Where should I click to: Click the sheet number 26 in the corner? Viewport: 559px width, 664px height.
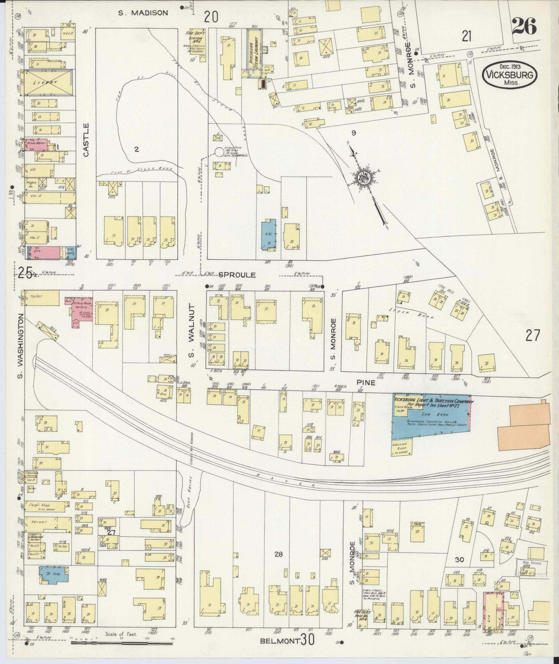(524, 26)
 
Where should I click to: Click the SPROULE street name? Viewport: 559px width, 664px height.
(237, 275)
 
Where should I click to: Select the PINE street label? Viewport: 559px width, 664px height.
(366, 383)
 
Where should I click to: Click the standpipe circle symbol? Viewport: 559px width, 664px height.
(219, 152)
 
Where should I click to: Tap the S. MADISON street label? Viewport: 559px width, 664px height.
(143, 13)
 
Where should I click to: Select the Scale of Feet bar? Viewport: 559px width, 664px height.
(121, 643)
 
